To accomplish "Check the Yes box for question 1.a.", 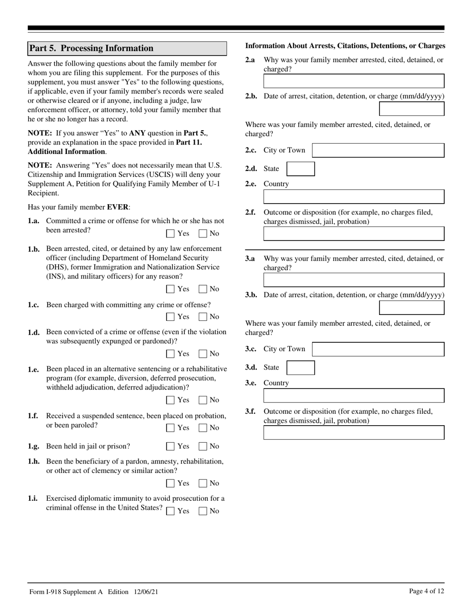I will [170, 233].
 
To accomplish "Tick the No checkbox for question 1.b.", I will [203, 289].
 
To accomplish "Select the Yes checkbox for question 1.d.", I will [170, 354].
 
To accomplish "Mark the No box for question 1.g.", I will [203, 447].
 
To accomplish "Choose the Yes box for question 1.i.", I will [170, 511].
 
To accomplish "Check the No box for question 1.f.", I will [203, 428].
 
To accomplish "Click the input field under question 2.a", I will [353, 81].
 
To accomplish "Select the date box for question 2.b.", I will [411, 109].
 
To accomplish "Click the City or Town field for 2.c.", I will [378, 151].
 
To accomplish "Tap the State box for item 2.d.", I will [301, 169].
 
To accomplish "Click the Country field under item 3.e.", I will [353, 395].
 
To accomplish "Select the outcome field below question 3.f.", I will [353, 433].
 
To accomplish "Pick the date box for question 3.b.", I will [411, 307].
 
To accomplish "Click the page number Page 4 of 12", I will [426, 591].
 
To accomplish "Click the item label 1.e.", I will [34, 370].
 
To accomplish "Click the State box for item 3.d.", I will [301, 368].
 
